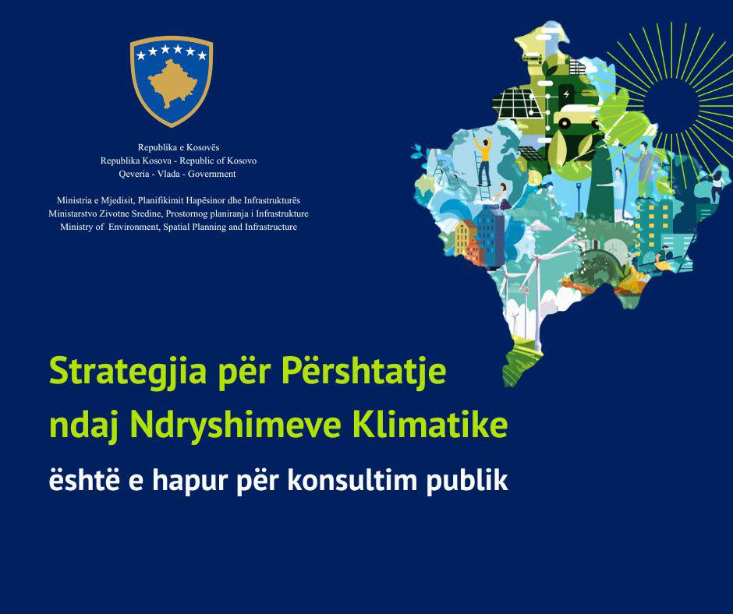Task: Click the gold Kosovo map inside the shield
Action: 172,84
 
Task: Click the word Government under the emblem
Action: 212,174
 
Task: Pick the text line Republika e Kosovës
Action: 179,147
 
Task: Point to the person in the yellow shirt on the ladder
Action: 483,161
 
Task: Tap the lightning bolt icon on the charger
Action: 566,94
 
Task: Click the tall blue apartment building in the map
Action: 490,236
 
